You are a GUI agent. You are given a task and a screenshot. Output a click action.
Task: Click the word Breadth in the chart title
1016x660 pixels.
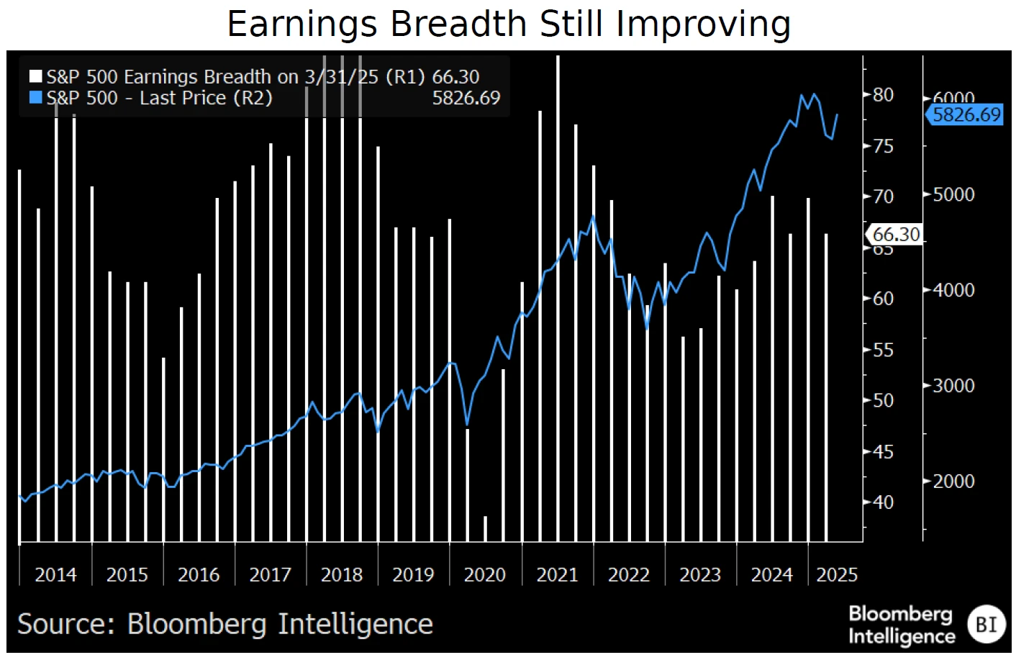tap(460, 24)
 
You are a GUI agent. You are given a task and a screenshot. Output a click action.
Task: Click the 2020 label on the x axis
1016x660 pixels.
tap(484, 575)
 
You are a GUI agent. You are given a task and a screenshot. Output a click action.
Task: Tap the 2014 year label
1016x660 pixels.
tap(55, 575)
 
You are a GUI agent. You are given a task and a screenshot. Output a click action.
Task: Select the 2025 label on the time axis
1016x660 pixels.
tap(836, 575)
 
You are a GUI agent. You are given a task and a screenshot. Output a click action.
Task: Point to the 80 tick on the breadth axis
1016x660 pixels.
tap(883, 95)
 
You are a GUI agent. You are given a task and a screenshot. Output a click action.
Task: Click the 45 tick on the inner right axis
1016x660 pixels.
tap(883, 452)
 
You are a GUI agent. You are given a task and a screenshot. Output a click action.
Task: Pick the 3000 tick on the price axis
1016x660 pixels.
tap(953, 386)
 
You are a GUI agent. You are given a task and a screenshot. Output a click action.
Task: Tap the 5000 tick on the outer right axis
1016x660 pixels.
tap(953, 195)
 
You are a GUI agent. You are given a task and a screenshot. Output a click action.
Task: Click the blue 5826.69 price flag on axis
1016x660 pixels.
tap(965, 114)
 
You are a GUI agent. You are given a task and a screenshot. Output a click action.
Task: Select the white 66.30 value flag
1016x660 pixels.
tap(894, 235)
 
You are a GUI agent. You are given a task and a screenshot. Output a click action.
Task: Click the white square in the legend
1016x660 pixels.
tap(35, 76)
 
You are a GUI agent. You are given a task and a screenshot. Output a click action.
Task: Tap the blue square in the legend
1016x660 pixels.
tap(35, 98)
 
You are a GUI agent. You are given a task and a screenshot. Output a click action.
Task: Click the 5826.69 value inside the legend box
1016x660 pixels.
tap(466, 98)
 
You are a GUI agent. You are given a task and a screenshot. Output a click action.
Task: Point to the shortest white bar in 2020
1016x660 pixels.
tap(485, 528)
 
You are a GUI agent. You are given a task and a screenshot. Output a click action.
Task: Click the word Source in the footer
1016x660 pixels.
tap(65, 624)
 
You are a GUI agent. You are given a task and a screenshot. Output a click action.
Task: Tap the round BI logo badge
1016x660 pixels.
tap(985, 624)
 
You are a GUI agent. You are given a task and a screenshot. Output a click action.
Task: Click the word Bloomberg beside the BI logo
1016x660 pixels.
tap(899, 614)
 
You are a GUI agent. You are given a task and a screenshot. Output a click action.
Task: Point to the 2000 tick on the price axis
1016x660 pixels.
tap(953, 482)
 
